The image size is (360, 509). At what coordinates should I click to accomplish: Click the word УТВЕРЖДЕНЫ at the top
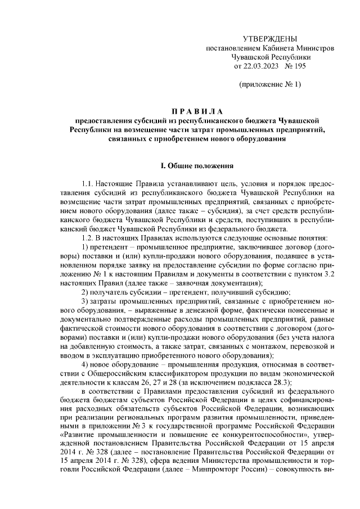click(269, 39)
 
